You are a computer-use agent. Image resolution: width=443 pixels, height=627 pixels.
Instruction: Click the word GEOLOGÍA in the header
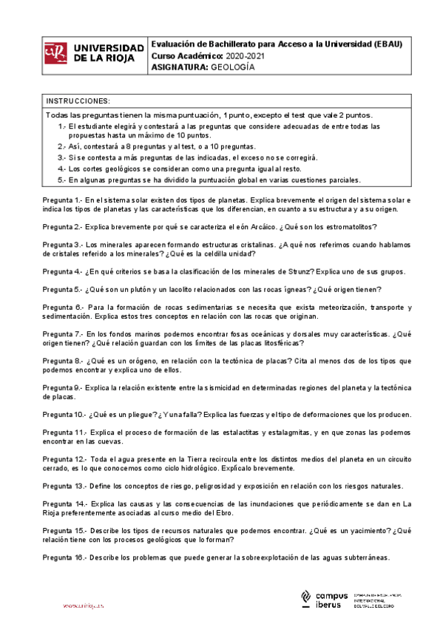click(233, 67)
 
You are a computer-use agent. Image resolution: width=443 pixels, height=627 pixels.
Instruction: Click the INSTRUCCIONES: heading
click(78, 101)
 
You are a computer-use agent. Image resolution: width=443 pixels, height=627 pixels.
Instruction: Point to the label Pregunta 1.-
click(61, 200)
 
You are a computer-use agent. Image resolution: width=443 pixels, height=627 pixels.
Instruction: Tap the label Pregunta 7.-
click(61, 333)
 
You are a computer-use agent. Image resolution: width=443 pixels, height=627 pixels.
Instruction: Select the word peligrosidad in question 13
click(211, 487)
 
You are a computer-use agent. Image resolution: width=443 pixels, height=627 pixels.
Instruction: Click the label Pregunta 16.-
click(64, 557)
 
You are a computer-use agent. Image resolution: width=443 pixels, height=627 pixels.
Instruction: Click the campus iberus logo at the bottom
click(325, 600)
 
